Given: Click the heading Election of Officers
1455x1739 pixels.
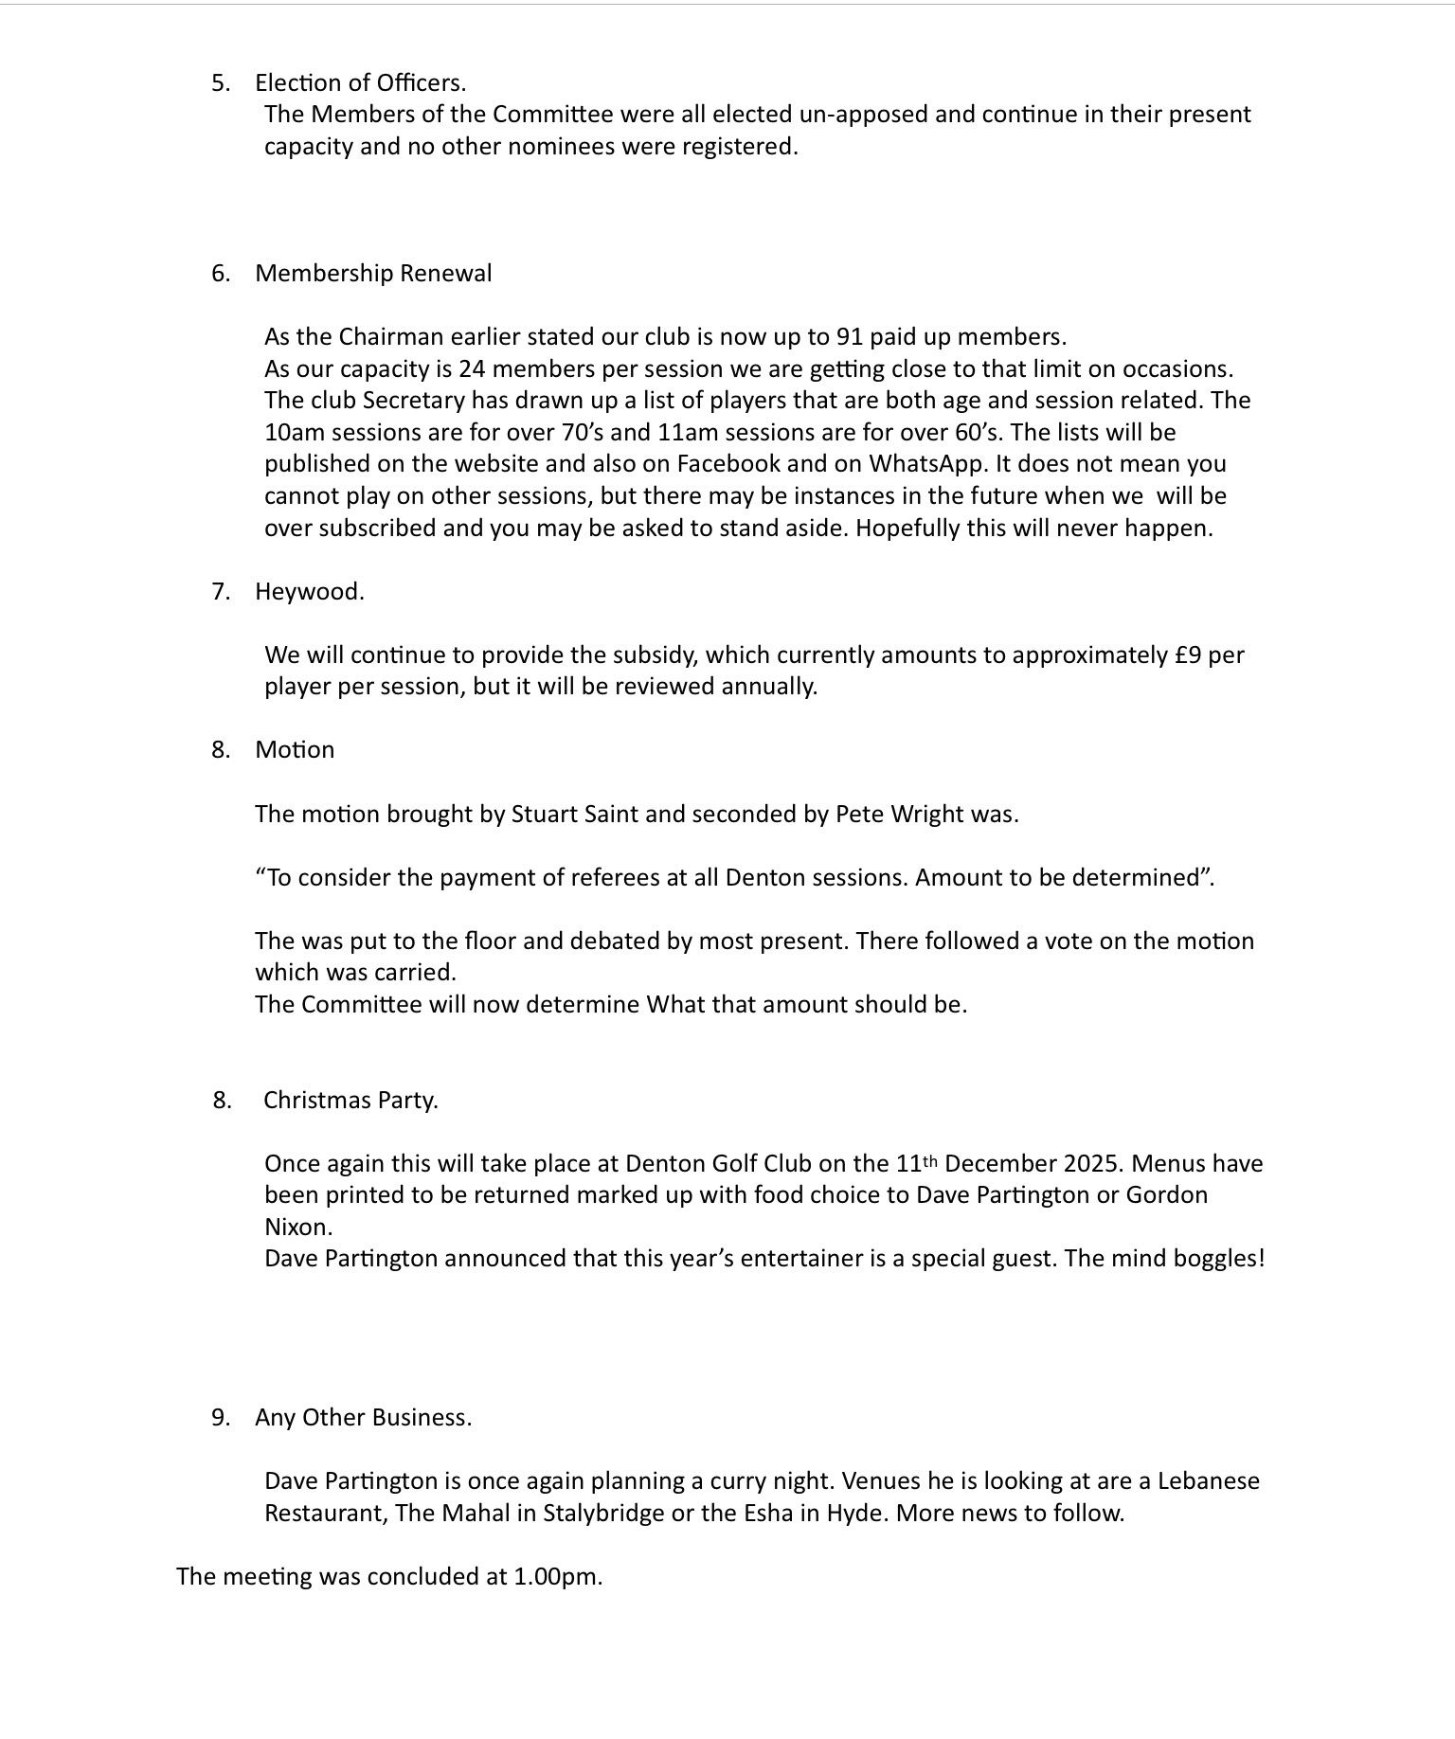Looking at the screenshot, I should (360, 83).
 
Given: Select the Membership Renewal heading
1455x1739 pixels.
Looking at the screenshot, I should (373, 274).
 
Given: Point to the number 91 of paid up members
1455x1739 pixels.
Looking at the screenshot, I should (849, 337).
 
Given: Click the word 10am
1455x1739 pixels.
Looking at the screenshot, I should (291, 433).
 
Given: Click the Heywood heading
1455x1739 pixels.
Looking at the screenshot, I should (309, 592).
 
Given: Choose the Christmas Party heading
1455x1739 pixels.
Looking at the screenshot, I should (350, 1101).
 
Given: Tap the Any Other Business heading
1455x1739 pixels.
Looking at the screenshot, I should (363, 1418).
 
